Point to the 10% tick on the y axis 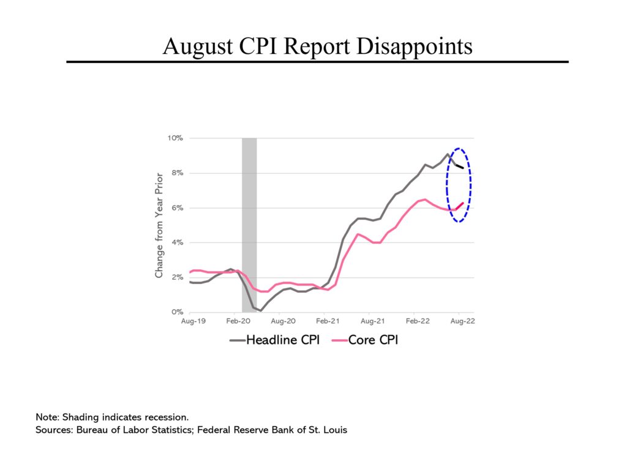(176, 138)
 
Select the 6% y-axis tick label (178, 208)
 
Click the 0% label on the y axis (178, 312)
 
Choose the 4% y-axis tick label (178, 243)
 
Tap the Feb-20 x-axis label (236, 321)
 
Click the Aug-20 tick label (281, 321)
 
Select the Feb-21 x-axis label (326, 321)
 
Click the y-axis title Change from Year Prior (159, 225)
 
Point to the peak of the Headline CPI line (448, 154)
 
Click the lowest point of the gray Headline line (260, 310)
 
